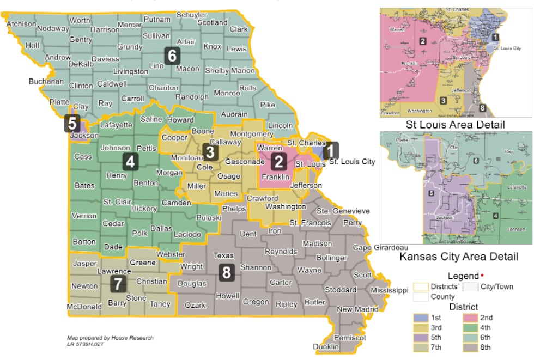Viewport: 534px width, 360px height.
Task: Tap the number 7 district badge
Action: tap(119, 283)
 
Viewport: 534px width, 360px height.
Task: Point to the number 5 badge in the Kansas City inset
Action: tap(431, 193)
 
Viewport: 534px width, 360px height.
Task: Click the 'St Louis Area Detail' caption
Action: tap(455, 125)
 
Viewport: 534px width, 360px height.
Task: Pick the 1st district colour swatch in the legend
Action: tap(421, 318)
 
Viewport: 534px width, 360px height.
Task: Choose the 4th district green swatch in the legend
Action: tap(471, 327)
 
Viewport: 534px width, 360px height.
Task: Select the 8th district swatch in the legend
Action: tap(471, 347)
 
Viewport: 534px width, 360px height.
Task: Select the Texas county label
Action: tap(223, 255)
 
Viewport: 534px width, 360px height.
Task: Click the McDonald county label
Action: tap(84, 307)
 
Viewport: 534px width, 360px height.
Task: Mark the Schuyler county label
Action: tap(191, 14)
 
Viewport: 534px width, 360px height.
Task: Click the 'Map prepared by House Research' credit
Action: tap(110, 338)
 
